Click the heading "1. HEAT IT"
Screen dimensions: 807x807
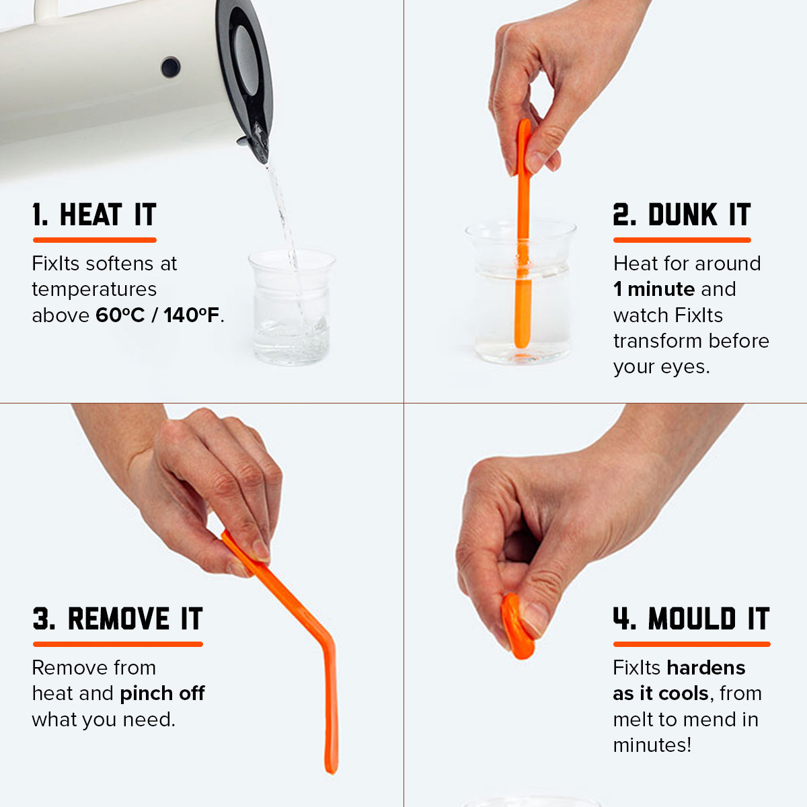[94, 215]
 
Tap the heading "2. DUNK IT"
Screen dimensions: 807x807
[682, 215]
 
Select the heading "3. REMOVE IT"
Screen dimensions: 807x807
[118, 619]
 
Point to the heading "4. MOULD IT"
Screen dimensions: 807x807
[691, 619]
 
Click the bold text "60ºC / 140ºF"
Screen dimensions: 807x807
[157, 315]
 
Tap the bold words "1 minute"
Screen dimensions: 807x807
[654, 289]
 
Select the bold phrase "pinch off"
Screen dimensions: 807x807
[163, 694]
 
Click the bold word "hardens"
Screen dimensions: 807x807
[706, 668]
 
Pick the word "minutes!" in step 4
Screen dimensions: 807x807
[652, 745]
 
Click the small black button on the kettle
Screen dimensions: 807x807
[170, 67]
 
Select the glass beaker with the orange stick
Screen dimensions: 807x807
[521, 293]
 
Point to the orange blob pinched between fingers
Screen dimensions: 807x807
[517, 625]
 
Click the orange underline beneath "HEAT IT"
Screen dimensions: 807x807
[95, 240]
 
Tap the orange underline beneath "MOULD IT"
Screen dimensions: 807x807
[691, 644]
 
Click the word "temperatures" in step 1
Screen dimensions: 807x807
[94, 289]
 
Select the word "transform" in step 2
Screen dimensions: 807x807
[657, 341]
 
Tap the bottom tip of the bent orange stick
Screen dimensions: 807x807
[332, 771]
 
